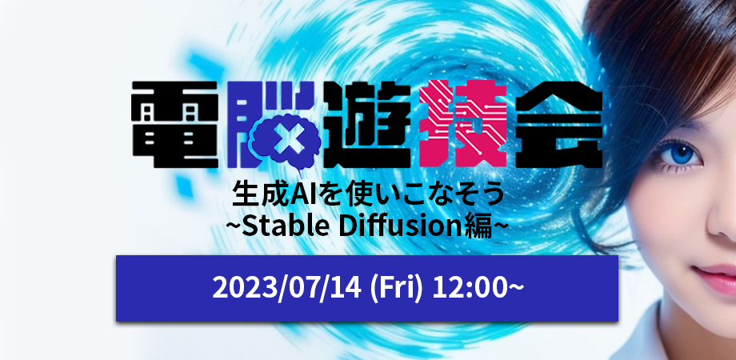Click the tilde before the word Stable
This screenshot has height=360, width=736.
click(x=233, y=228)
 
